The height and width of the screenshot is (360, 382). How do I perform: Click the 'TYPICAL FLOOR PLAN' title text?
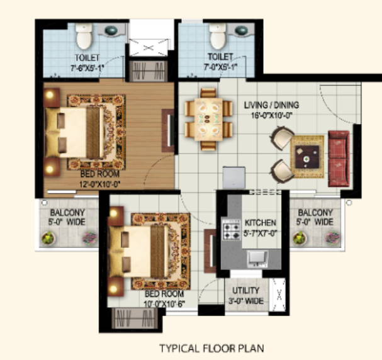point(211,348)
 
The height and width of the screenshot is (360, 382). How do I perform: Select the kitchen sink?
point(257,259)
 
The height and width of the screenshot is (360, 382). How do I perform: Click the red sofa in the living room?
point(339,159)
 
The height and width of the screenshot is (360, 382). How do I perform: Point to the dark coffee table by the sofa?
point(307,157)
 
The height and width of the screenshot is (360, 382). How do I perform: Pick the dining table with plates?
point(208,120)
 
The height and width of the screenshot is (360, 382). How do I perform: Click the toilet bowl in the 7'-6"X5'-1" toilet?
point(84,36)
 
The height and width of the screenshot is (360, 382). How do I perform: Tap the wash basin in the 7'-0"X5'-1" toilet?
point(241,30)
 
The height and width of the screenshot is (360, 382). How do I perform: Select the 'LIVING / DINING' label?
point(271,105)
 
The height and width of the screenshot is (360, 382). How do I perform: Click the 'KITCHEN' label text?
point(260,223)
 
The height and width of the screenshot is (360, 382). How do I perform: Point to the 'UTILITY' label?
point(245,291)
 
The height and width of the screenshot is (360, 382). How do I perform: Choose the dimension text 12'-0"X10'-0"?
point(100,184)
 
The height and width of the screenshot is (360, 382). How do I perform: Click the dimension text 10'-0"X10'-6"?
point(164,304)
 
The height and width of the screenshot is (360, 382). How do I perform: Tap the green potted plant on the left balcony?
point(48,238)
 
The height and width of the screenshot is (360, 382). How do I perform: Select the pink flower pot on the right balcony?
point(332,238)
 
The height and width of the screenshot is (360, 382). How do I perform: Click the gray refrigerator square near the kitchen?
point(233,177)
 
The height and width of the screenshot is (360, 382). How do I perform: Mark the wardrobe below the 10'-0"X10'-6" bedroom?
point(135,318)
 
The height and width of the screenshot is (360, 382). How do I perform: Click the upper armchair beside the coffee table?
point(283,138)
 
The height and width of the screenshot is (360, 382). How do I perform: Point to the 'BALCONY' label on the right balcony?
point(315,213)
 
